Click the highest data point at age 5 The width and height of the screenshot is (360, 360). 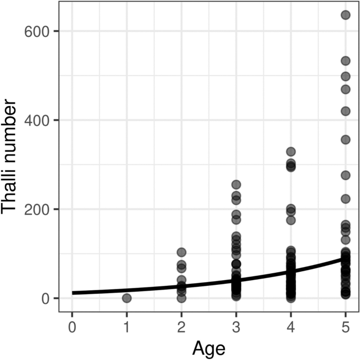[345, 15]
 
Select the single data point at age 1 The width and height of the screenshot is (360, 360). [127, 298]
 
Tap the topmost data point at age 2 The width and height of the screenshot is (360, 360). [181, 252]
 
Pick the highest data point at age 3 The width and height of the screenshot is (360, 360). [236, 184]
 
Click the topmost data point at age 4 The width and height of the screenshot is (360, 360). [291, 151]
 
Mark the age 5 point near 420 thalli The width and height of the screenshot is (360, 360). [345, 111]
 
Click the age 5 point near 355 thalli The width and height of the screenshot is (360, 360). [345, 140]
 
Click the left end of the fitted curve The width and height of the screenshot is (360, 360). [73, 293]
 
